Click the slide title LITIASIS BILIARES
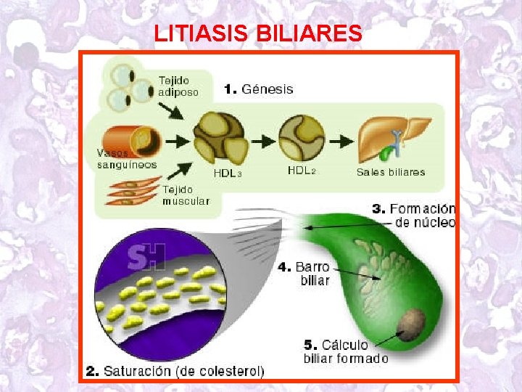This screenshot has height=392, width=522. click(x=259, y=33)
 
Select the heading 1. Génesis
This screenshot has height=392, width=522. click(x=259, y=89)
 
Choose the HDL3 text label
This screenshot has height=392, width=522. click(x=228, y=173)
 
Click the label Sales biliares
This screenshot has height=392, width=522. click(x=391, y=172)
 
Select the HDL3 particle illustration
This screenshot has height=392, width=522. click(x=219, y=139)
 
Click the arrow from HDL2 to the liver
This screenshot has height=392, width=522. click(x=339, y=139)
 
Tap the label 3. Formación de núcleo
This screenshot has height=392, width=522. click(x=414, y=215)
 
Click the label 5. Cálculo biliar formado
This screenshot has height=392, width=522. click(x=345, y=351)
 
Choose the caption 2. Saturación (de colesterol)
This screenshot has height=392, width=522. click(x=175, y=371)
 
